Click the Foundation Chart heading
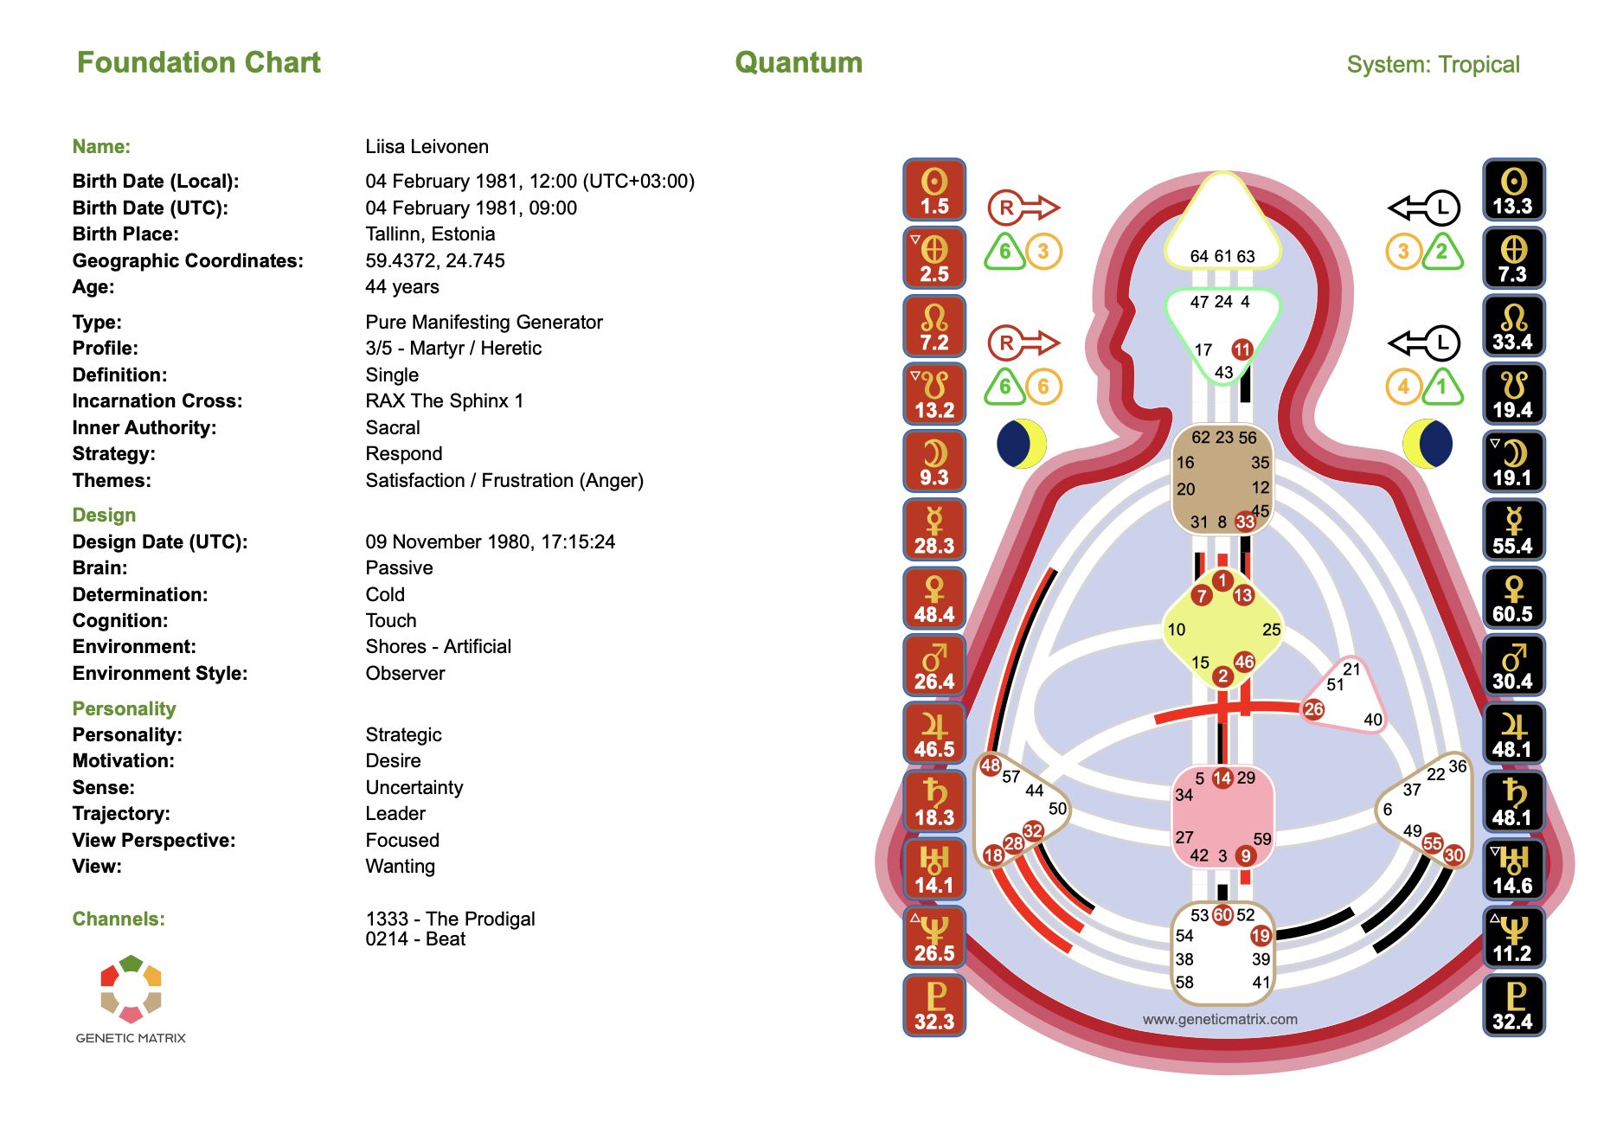198,62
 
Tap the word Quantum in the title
799,62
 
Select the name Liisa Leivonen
427,146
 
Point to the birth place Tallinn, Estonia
430,234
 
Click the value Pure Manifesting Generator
484,322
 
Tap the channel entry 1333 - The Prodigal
450,919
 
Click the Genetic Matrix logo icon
131,989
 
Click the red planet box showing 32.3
934,1005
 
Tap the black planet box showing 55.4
1513,530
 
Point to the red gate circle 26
1313,709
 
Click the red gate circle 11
1242,349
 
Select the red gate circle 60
1222,915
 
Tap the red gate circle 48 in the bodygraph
991,765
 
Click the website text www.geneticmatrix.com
1220,1019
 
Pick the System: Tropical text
1433,64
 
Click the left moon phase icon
1022,444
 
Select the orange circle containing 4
1403,387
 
